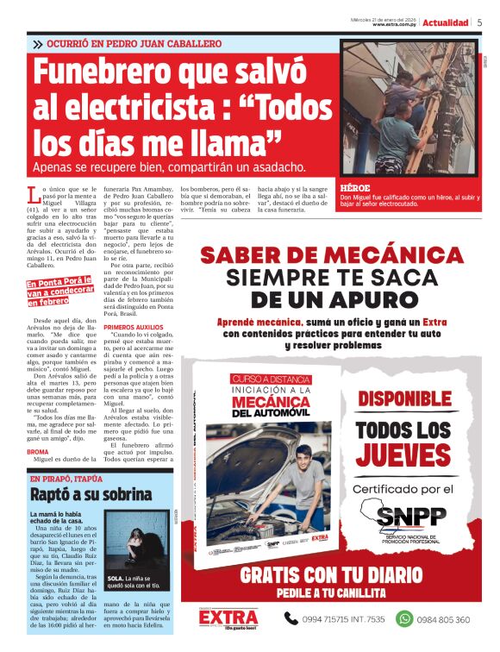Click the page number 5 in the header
pos(479,22)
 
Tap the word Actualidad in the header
pos(445,22)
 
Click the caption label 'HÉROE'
pos(354,186)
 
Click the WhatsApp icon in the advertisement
pos(403,618)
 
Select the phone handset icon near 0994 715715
pos(291,618)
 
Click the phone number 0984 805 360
pos(445,619)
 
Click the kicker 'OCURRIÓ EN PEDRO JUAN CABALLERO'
pos(134,43)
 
